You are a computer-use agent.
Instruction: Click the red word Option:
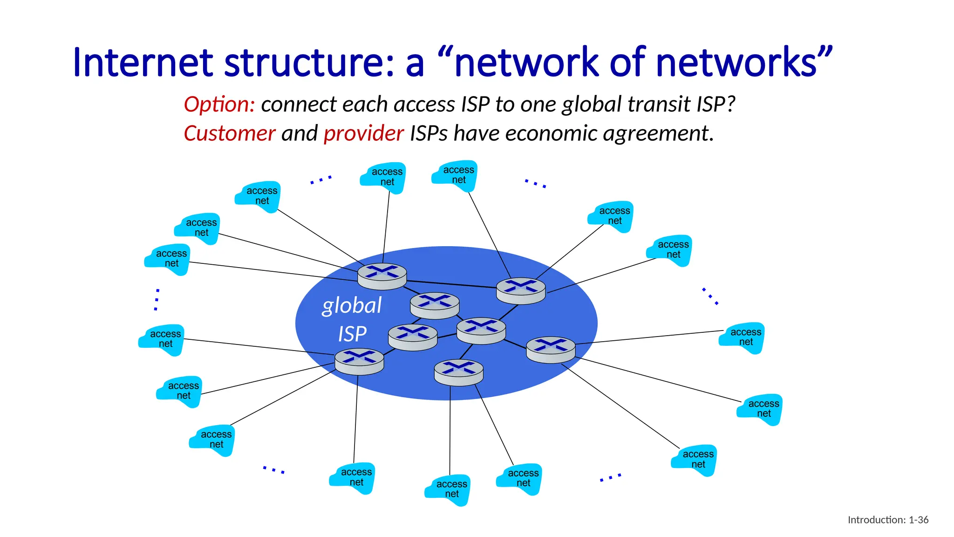coord(219,104)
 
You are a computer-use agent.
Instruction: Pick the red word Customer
coord(229,134)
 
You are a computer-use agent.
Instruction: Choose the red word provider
coord(363,134)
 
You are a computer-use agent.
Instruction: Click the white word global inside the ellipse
coord(352,306)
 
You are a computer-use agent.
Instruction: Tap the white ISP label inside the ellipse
coord(352,334)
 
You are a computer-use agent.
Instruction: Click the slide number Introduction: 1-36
coord(888,520)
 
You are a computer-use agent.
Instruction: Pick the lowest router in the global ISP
coord(458,372)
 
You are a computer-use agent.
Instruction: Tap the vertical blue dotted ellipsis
coord(157,299)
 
